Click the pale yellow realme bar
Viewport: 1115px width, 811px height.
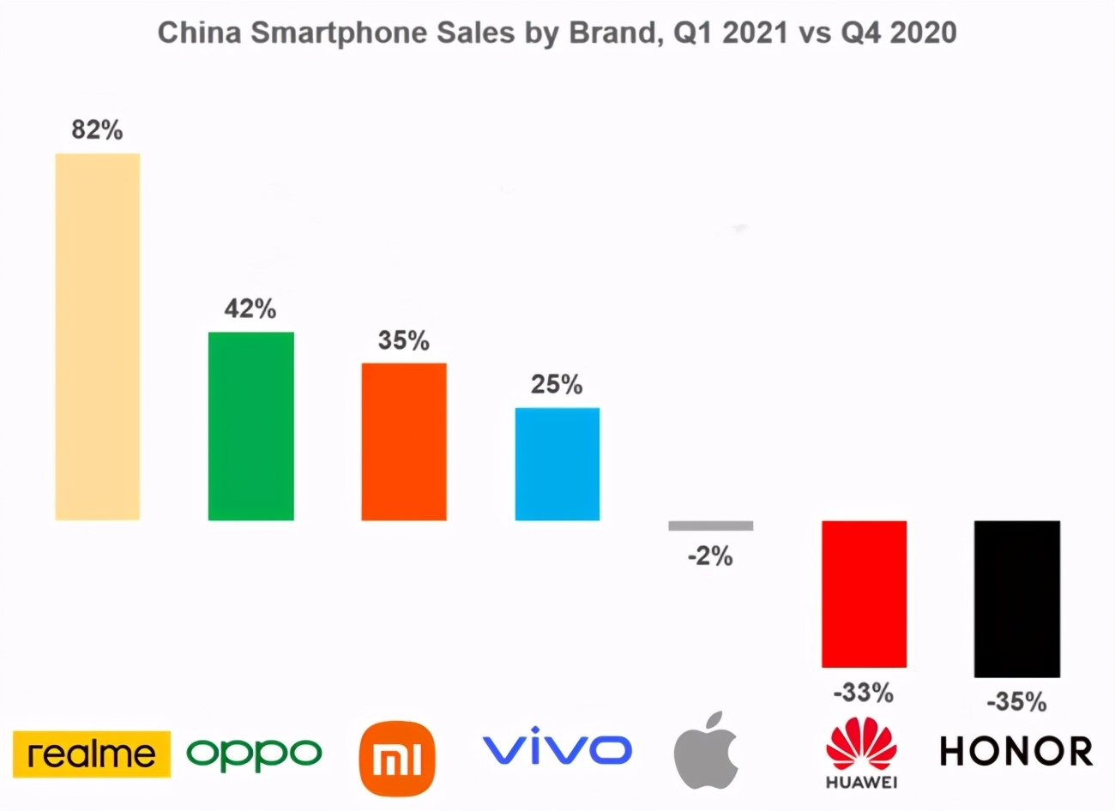tap(97, 336)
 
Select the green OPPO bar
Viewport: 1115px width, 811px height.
tap(250, 425)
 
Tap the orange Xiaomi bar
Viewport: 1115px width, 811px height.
tap(404, 442)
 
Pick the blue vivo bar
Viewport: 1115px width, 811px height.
tap(557, 464)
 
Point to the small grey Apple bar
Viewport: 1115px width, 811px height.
tap(710, 526)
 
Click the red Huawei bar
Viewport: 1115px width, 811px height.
tap(864, 593)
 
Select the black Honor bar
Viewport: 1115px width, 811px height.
tap(1017, 598)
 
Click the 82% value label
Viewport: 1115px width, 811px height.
tap(97, 130)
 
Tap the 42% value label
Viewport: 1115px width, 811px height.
tap(250, 309)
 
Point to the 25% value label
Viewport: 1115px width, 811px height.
tap(557, 384)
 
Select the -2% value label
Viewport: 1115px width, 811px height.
tap(710, 557)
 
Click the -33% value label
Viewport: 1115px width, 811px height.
tap(864, 691)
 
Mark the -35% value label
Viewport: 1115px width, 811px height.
tap(1017, 702)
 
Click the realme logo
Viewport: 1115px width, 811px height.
tap(92, 754)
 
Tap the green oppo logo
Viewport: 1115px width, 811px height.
tap(254, 754)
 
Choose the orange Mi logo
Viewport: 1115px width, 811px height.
tap(397, 759)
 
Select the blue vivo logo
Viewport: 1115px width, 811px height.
tap(557, 749)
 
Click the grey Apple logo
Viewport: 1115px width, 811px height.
tap(707, 750)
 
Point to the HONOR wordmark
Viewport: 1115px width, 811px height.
tap(1016, 752)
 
